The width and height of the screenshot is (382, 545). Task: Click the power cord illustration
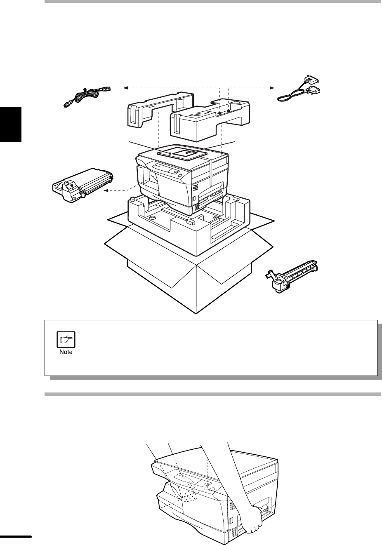[x=87, y=97]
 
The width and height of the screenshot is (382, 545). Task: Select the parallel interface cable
[x=299, y=90]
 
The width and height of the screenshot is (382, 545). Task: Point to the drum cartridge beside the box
[x=291, y=276]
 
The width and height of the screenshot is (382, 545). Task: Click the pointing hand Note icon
[x=66, y=339]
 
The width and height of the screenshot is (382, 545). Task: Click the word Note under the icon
[x=66, y=352]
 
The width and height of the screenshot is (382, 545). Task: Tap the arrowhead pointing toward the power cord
[x=125, y=88]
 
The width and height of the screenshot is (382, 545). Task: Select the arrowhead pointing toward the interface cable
[x=272, y=88]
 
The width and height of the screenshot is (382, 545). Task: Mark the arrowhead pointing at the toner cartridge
[x=106, y=191]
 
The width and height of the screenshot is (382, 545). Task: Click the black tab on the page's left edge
[x=11, y=125]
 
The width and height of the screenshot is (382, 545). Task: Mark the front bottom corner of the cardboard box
[x=196, y=314]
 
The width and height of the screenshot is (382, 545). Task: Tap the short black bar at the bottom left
[x=16, y=536]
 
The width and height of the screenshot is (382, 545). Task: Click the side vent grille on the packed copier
[x=195, y=187]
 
